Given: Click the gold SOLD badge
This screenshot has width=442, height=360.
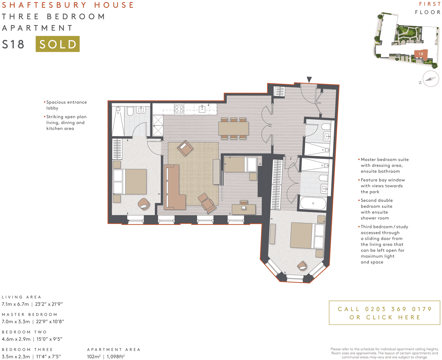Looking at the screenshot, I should (x=57, y=44).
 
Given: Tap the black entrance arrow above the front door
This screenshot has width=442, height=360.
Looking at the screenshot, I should (x=309, y=79).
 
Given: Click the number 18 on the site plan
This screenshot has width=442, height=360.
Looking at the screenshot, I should (x=421, y=54).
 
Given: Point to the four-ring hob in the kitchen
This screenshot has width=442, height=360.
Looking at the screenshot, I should (x=179, y=109).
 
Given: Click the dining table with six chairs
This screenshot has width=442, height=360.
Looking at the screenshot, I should (x=233, y=128).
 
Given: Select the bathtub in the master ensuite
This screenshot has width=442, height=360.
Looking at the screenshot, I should (x=313, y=203).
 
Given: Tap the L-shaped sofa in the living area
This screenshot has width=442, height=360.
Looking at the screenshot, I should (x=174, y=188).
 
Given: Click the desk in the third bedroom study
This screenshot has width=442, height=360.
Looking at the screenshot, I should (x=244, y=209).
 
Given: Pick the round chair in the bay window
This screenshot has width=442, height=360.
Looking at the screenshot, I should (x=302, y=266).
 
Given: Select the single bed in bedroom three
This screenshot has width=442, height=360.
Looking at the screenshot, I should (x=240, y=164).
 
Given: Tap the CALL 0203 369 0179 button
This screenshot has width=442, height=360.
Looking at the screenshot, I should (x=384, y=313).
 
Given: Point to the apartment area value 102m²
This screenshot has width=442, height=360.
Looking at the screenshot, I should (x=94, y=356).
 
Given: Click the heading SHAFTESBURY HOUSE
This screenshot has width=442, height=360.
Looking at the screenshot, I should (x=68, y=5).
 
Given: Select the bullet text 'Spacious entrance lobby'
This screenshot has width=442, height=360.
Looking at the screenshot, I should (x=66, y=105).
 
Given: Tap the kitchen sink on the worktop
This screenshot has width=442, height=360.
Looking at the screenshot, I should (x=202, y=109).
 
